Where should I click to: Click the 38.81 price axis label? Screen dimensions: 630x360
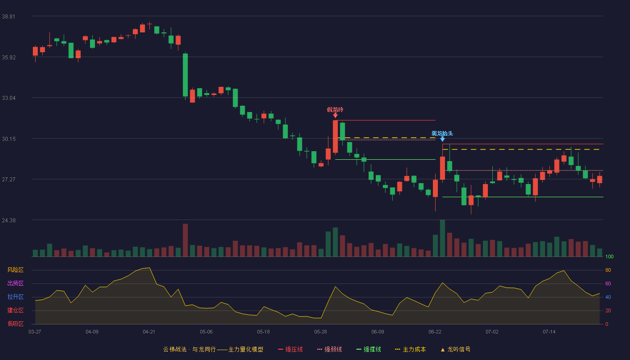point(9,17)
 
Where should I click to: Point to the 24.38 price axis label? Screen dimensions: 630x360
point(9,220)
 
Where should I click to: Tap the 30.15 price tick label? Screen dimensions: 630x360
point(9,139)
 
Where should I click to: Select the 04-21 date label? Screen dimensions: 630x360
point(149,332)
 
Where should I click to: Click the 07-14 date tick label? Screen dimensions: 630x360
point(549,332)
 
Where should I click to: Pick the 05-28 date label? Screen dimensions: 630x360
point(320,332)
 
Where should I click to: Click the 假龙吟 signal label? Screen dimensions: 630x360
point(335,109)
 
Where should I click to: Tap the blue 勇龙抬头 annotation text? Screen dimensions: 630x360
point(442,133)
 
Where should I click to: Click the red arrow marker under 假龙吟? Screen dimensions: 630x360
point(335,115)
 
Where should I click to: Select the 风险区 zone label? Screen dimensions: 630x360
point(15,270)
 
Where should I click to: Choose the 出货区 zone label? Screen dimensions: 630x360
point(15,283)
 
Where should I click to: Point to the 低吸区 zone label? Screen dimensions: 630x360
point(15,324)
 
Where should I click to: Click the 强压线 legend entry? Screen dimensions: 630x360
point(290,349)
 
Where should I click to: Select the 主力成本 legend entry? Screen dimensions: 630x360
point(410,349)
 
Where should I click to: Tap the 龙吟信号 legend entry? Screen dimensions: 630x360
point(455,349)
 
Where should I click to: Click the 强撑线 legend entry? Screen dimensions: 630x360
point(369,349)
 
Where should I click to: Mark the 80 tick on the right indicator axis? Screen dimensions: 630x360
point(608,270)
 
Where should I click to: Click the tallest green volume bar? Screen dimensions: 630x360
point(442,238)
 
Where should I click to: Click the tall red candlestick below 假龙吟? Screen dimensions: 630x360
point(335,136)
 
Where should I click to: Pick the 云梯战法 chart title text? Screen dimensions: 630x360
point(175,349)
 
